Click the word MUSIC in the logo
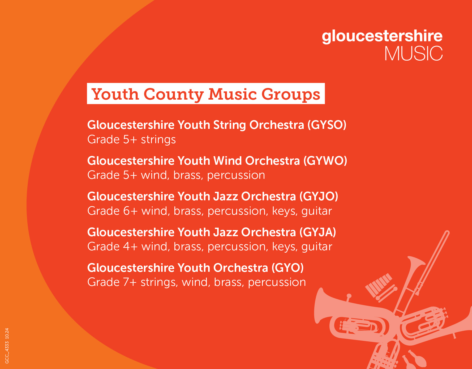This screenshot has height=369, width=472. (414, 53)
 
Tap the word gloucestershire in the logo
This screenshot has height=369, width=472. (382, 36)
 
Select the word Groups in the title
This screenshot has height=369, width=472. (291, 95)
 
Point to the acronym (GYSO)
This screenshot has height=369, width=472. (327, 125)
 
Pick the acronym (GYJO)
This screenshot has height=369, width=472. (319, 196)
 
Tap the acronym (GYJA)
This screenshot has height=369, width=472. (318, 232)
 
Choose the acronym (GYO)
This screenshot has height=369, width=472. (288, 268)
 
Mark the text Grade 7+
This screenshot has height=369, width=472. (112, 282)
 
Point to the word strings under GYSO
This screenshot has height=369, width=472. (158, 140)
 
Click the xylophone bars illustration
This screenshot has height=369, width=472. (379, 285)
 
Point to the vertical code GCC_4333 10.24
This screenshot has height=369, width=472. (7, 346)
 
